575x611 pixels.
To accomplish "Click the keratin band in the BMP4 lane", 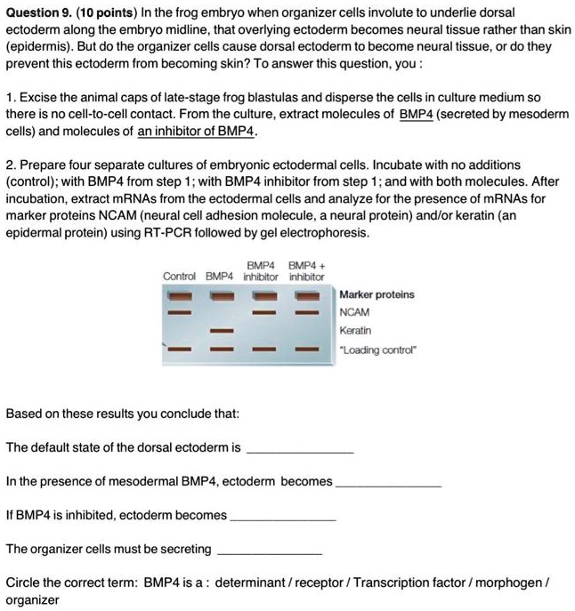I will [x=221, y=331].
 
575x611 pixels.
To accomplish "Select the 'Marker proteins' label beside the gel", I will [x=377, y=294].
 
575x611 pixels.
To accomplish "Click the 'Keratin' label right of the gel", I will [x=355, y=331].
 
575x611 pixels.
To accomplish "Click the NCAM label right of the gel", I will [x=354, y=313].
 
